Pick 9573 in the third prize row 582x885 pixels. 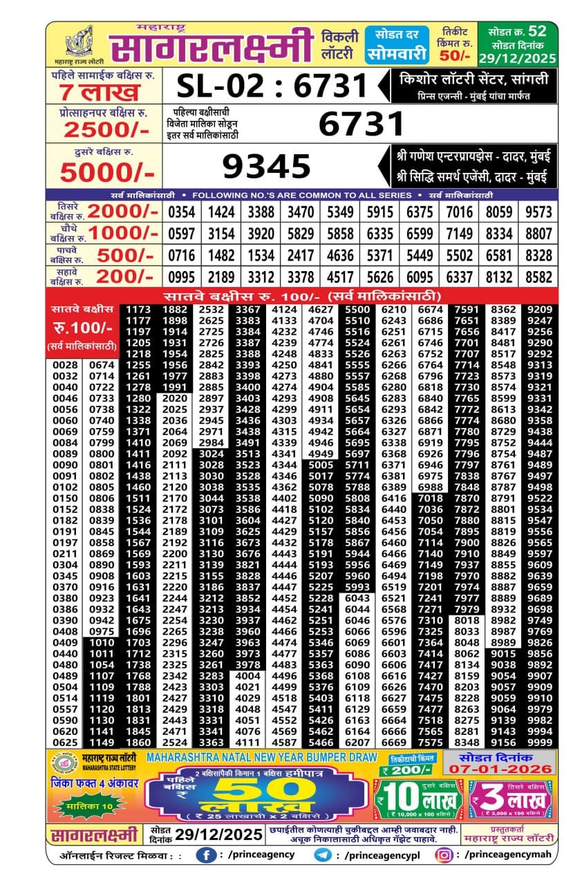click(539, 212)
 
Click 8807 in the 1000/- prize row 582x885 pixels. click(539, 234)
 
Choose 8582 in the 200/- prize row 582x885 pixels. click(539, 277)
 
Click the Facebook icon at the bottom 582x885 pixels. click(205, 855)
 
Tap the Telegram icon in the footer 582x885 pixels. click(322, 855)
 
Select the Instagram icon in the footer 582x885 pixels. click(444, 855)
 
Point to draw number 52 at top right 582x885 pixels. click(537, 31)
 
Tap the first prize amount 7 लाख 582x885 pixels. click(100, 92)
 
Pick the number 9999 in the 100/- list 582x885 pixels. click(539, 743)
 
